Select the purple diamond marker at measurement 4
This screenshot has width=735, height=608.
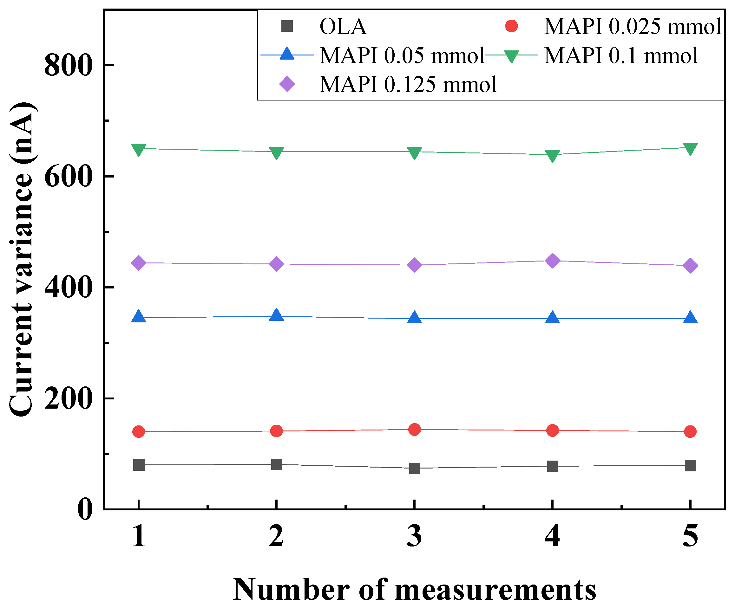(x=552, y=261)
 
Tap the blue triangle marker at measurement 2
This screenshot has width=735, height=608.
(x=277, y=314)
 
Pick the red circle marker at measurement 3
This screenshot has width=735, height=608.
(x=414, y=429)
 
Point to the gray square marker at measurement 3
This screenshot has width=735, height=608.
(x=414, y=468)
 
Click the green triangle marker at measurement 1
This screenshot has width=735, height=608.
(x=139, y=150)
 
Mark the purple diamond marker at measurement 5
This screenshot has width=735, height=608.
(x=690, y=266)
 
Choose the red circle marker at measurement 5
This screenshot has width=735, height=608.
(x=690, y=432)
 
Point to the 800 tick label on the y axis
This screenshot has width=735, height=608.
(x=69, y=65)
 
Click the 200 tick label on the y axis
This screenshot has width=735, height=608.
(x=69, y=398)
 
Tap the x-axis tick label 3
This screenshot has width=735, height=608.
(x=414, y=536)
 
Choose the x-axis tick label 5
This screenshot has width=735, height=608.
(x=690, y=536)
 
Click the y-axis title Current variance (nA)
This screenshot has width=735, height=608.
(x=22, y=259)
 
